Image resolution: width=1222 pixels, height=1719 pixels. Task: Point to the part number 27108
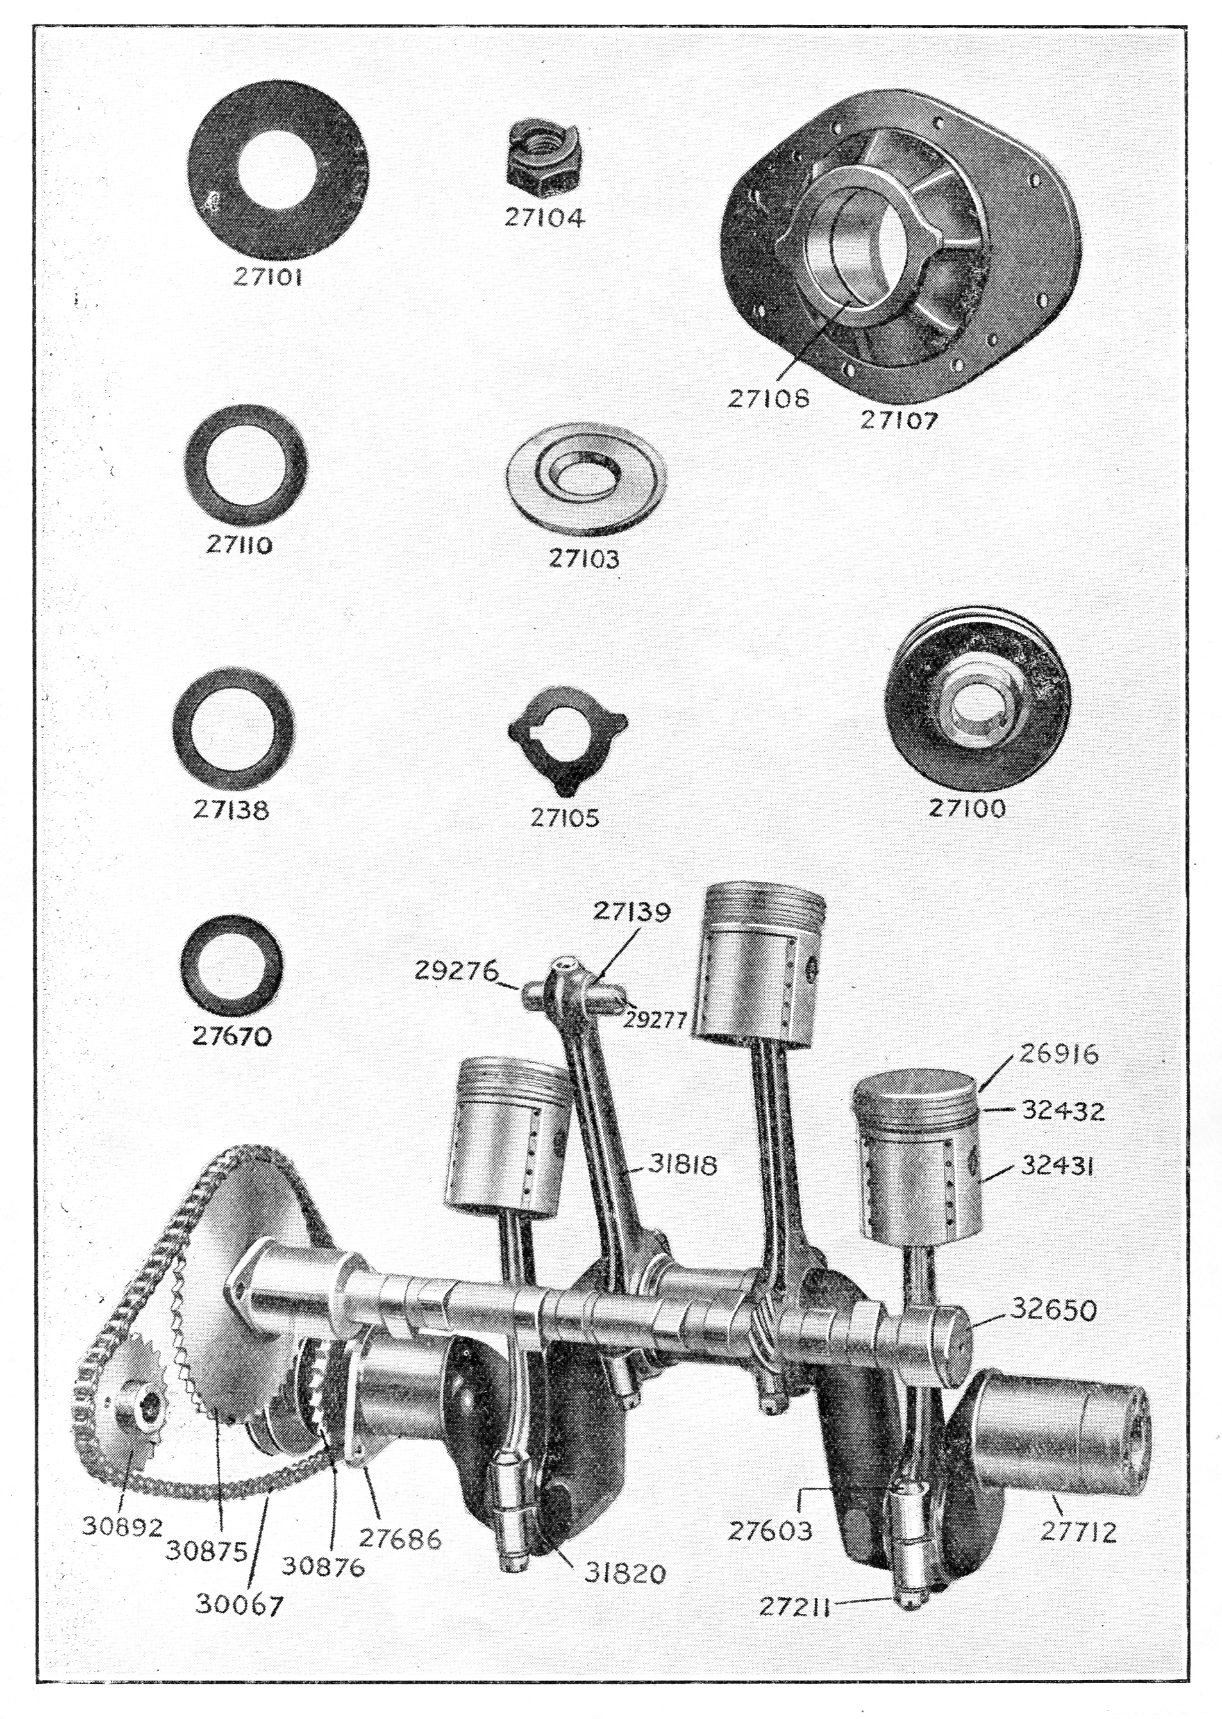tap(767, 397)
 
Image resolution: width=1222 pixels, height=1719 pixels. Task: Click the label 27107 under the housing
tap(900, 419)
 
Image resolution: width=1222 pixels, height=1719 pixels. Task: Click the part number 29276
tap(456, 971)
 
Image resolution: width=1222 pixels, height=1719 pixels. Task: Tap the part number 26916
tap(1059, 1053)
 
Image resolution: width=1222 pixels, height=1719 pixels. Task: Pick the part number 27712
tap(1079, 1532)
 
